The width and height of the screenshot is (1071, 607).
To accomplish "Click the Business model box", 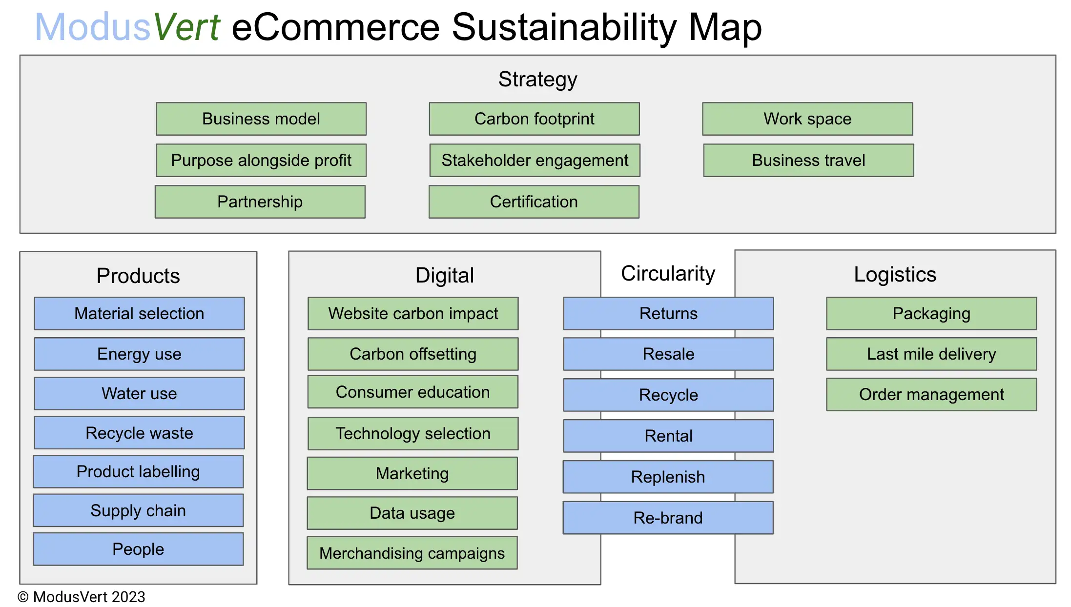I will point(261,119).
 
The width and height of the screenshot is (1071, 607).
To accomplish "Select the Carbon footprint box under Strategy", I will point(534,119).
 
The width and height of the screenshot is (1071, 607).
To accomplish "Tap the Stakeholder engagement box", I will point(535,160).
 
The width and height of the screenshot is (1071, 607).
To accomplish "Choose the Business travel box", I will point(808,160).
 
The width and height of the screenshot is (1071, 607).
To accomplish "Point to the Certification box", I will point(534,202).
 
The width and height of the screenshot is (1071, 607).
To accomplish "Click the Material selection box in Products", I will point(139,313).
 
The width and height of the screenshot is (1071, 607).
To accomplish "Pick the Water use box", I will point(139,393).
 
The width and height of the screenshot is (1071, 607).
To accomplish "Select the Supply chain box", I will point(138,510).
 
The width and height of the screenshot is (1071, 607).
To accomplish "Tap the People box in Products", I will point(138,549).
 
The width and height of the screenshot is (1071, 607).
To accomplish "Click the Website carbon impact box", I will point(413,313).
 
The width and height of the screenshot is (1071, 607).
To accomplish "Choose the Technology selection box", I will point(413,433).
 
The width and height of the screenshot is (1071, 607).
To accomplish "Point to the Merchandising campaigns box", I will point(412,553).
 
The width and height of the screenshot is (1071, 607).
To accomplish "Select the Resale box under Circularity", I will point(668,354).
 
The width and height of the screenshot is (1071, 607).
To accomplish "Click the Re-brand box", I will point(668,518).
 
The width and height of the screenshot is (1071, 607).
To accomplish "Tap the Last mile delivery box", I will point(931,354).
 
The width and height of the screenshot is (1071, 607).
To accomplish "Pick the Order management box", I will point(931,394).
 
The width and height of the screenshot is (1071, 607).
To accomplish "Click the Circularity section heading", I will point(668,273).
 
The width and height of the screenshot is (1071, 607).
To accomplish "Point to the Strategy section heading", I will point(537,79).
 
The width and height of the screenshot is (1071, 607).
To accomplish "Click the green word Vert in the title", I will point(187,27).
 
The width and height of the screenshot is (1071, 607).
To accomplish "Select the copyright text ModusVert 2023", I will point(82,597).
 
